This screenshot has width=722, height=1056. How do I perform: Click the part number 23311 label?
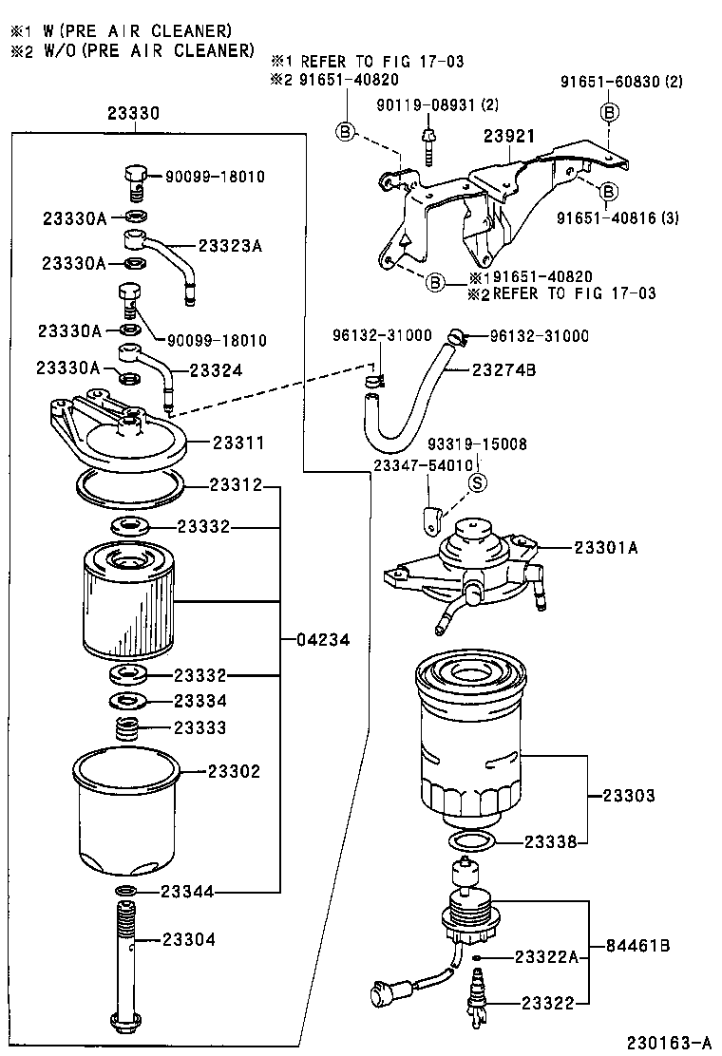click(237, 443)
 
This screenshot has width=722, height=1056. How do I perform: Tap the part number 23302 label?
click(234, 771)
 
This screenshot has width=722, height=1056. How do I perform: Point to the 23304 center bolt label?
click(188, 939)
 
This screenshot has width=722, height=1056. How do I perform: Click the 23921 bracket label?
click(509, 137)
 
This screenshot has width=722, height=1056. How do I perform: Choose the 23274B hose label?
click(504, 369)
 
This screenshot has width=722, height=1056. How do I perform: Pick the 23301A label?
click(606, 547)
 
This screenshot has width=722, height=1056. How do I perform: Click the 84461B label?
click(638, 946)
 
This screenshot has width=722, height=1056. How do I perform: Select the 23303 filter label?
click(629, 795)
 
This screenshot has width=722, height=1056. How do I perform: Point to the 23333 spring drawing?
click(127, 730)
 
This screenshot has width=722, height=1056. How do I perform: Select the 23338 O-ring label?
click(551, 841)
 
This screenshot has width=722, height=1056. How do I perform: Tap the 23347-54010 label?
click(423, 465)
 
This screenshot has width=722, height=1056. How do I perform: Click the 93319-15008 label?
click(477, 443)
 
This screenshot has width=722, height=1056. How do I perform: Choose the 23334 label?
click(200, 701)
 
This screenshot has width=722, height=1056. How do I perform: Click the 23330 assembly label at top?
click(133, 113)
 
